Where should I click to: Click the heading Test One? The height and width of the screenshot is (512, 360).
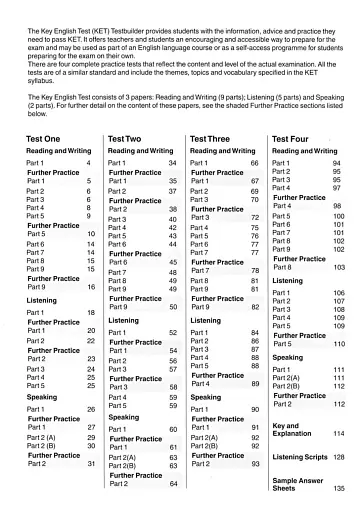coord(43,138)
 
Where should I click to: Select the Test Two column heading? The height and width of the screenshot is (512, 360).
coord(128,138)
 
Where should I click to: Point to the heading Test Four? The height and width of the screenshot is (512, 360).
coord(296,138)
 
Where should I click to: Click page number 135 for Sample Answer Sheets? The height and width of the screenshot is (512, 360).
coord(339,488)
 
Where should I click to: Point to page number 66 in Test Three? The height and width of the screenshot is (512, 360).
coord(254,161)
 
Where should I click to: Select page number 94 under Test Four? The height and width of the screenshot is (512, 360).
coord(337,161)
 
